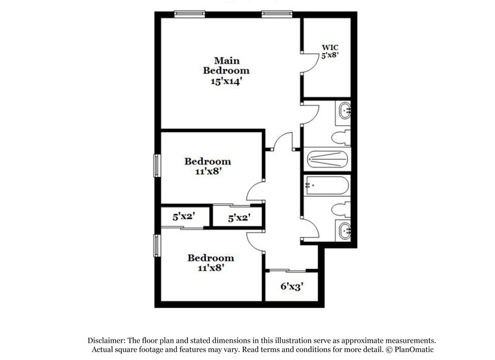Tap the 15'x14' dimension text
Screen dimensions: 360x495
pos(226,80)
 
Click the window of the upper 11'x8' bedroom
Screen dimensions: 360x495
pos(157,166)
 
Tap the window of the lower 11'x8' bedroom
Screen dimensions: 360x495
pos(157,244)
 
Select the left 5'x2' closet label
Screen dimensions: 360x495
pos(184,217)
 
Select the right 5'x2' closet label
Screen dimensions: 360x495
pos(239,218)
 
